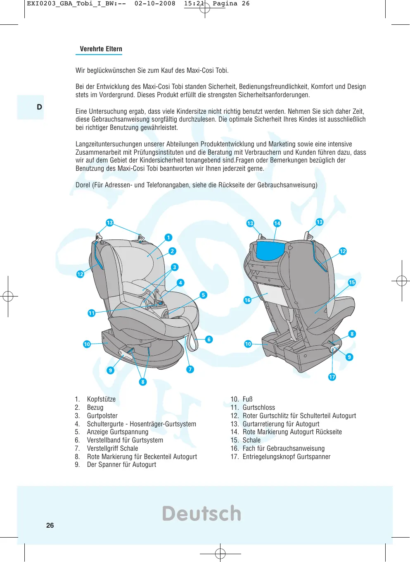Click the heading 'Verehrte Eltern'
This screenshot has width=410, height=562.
pos(101,49)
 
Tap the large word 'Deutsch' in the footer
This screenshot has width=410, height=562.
pos(201,514)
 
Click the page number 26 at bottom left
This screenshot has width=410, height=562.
pos(50,525)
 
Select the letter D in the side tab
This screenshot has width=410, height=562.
pos(39,107)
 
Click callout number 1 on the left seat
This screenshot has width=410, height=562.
pos(168,237)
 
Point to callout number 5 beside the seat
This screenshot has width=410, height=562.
pos(203,295)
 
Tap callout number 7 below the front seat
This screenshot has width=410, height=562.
pos(190,369)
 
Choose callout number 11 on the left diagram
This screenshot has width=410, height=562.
pos(92,313)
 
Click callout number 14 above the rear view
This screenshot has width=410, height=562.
pos(277,223)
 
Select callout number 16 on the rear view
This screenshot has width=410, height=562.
pos(247,300)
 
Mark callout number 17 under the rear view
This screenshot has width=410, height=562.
pos(332,377)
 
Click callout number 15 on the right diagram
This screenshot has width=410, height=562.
pos(352,282)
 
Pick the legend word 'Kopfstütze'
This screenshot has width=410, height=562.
pos(101,399)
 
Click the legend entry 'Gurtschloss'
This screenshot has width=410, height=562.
pos(258,407)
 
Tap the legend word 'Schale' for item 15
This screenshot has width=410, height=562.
pos(251,440)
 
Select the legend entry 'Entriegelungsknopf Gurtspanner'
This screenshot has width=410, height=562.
pos(286,457)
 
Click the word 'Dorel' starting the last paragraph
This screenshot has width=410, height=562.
pos(83,185)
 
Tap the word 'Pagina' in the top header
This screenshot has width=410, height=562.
pos(225,4)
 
